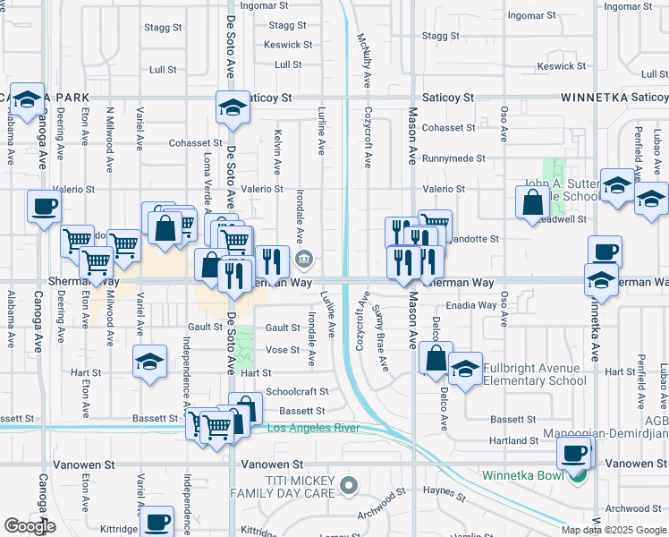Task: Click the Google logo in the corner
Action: tap(30, 526)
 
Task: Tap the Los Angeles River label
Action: tap(313, 428)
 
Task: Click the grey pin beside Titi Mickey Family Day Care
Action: tap(349, 486)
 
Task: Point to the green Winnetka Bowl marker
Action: tap(578, 475)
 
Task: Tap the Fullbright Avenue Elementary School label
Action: tap(535, 374)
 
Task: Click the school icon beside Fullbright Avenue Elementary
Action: tap(465, 370)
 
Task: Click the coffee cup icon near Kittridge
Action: tap(157, 521)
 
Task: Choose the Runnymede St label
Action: tap(454, 158)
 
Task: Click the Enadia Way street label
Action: tap(471, 305)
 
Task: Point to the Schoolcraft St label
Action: tap(297, 391)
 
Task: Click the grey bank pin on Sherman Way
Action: tap(304, 260)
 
